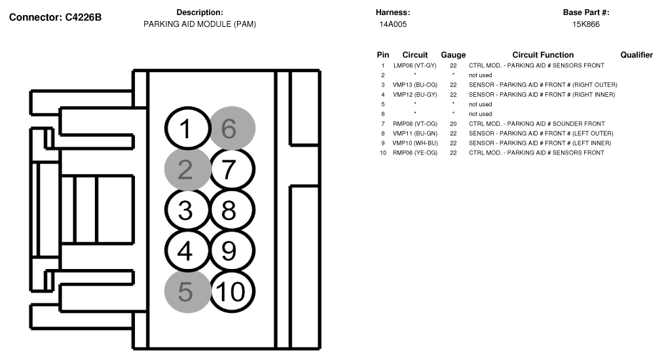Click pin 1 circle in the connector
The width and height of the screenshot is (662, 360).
click(x=187, y=128)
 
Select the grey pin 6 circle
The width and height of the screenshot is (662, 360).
click(x=232, y=128)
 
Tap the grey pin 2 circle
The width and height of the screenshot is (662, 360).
click(x=187, y=170)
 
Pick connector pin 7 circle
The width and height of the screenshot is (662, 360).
click(x=232, y=170)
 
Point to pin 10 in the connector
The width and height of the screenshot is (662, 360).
click(x=232, y=292)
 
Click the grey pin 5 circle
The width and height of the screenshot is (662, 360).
click(x=187, y=292)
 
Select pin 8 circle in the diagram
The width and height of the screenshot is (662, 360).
click(x=232, y=209)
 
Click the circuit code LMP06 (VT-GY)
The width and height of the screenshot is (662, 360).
click(x=415, y=65)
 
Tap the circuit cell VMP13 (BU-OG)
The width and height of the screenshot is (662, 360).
click(x=415, y=85)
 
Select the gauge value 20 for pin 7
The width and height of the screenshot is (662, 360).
click(x=453, y=124)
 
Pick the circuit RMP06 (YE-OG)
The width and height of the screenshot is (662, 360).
click(x=415, y=153)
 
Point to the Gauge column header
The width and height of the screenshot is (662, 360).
click(x=453, y=55)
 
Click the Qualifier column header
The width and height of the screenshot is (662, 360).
click(x=636, y=55)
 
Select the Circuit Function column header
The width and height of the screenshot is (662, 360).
click(x=543, y=55)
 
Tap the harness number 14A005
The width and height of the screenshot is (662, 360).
click(x=393, y=24)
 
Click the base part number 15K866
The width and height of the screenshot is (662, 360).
click(x=586, y=24)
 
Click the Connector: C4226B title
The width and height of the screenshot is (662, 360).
click(x=55, y=17)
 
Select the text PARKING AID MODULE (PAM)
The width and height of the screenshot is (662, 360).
click(x=200, y=24)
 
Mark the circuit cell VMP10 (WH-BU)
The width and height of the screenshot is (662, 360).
click(x=415, y=143)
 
